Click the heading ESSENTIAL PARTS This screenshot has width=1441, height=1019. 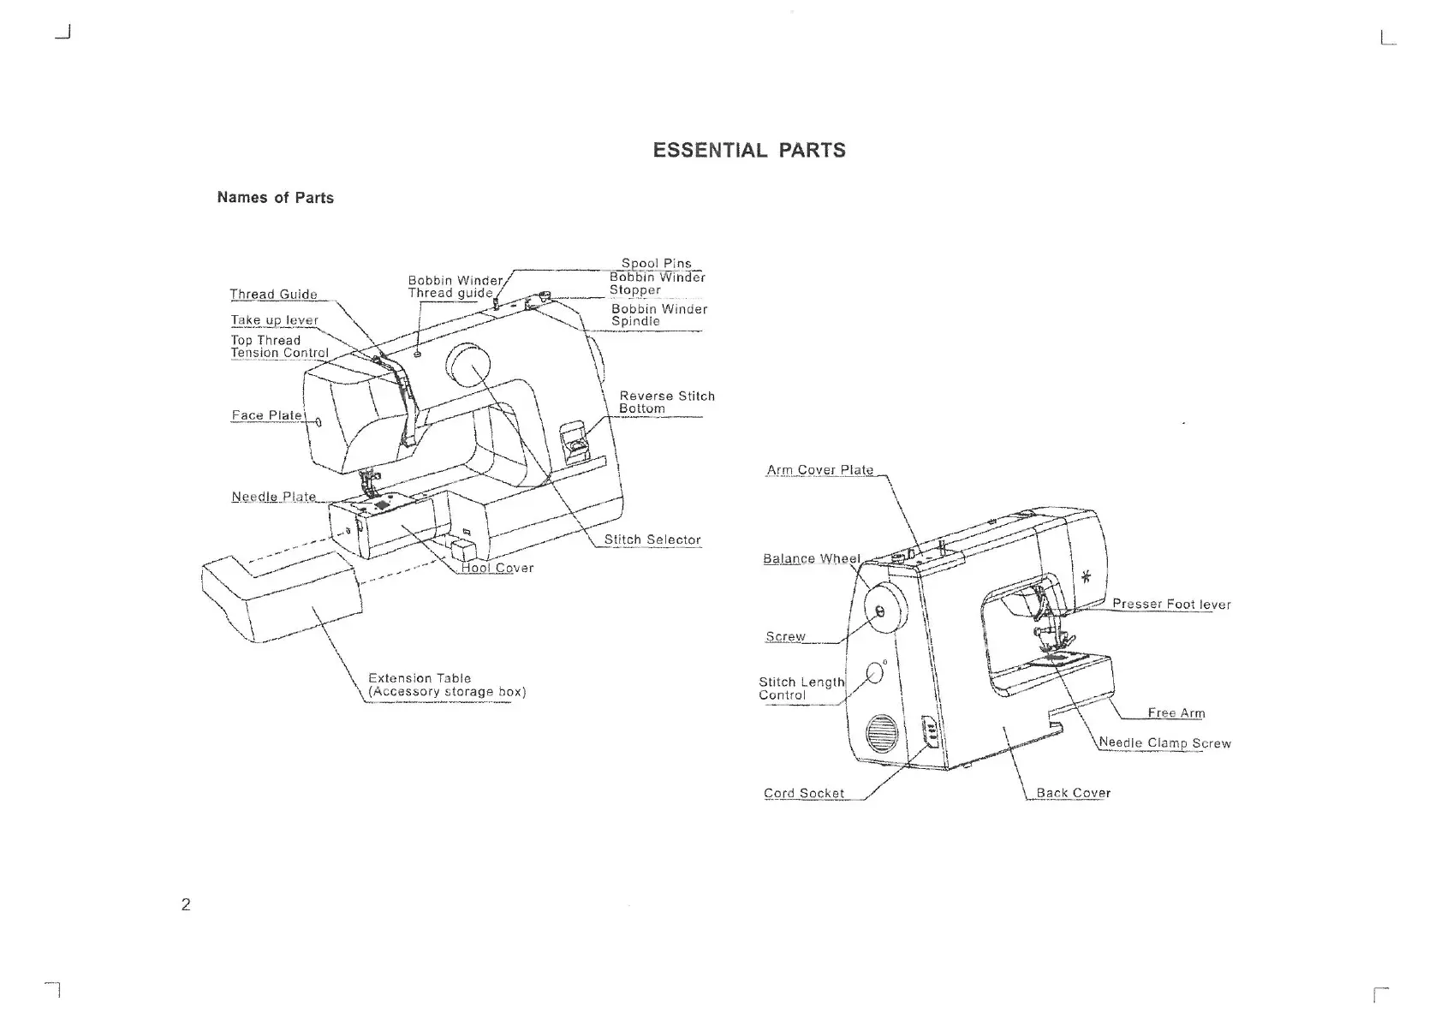pyautogui.click(x=748, y=151)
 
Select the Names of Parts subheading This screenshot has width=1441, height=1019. pyautogui.click(x=275, y=198)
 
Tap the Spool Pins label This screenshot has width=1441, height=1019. pyautogui.click(x=656, y=264)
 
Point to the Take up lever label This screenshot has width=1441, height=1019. pyautogui.click(x=274, y=320)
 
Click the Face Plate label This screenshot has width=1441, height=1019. pyautogui.click(x=266, y=415)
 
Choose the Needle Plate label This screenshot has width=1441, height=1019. pyautogui.click(x=273, y=497)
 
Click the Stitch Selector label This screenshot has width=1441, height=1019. pyautogui.click(x=652, y=539)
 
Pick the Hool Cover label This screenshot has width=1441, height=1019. pyautogui.click(x=497, y=568)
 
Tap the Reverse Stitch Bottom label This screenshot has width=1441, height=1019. pyautogui.click(x=666, y=402)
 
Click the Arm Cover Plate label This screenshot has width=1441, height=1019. pyautogui.click(x=819, y=470)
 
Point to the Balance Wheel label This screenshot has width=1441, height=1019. pyautogui.click(x=811, y=559)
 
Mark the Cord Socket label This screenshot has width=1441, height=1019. pyautogui.click(x=803, y=794)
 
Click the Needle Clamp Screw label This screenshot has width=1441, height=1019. pyautogui.click(x=1164, y=743)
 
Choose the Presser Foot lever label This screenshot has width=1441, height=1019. pyautogui.click(x=1170, y=605)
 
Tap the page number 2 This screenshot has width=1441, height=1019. pyautogui.click(x=186, y=904)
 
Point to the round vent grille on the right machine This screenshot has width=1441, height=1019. pyautogui.click(x=880, y=735)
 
